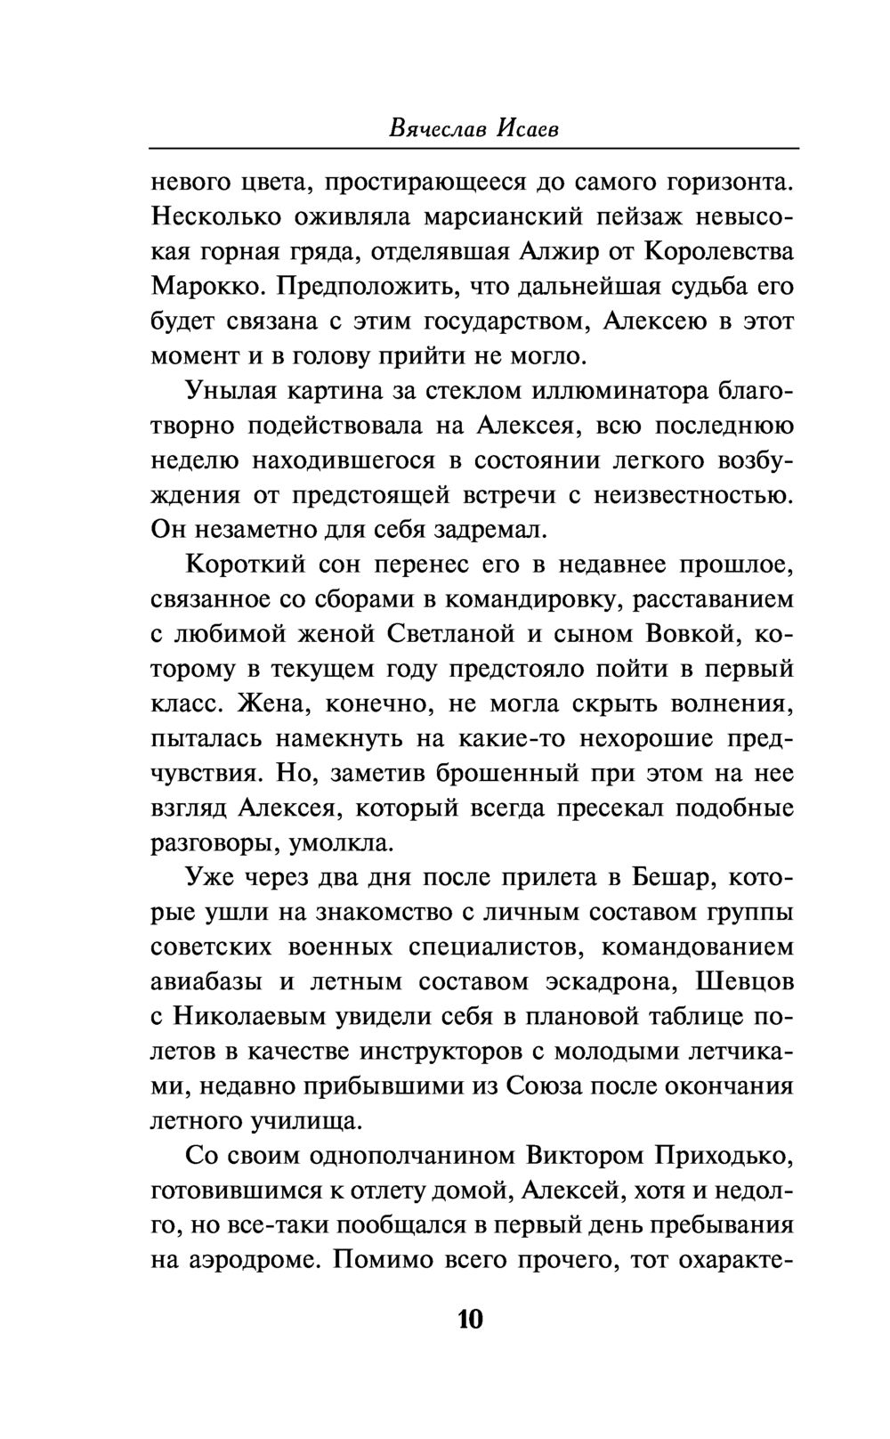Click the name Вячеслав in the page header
[x=430, y=128]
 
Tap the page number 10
[x=468, y=1318]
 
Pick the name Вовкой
[x=677, y=635]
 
